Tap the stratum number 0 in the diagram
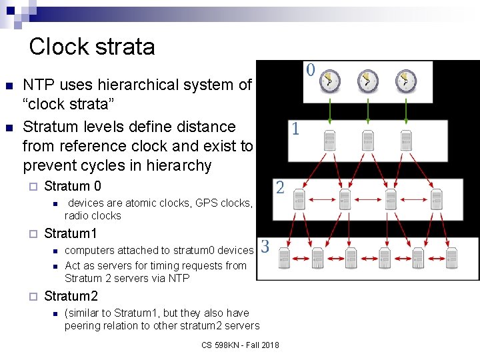tap(311, 69)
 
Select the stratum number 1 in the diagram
tap(295, 129)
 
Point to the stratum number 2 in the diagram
tap(280, 187)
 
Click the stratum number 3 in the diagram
tap(265, 247)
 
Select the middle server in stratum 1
tap(367, 140)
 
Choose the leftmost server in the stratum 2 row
tap(299, 198)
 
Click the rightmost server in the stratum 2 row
tap(437, 198)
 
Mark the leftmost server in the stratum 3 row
tap(285, 257)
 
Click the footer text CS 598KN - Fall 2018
tap(240, 345)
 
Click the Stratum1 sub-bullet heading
tap(71, 233)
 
